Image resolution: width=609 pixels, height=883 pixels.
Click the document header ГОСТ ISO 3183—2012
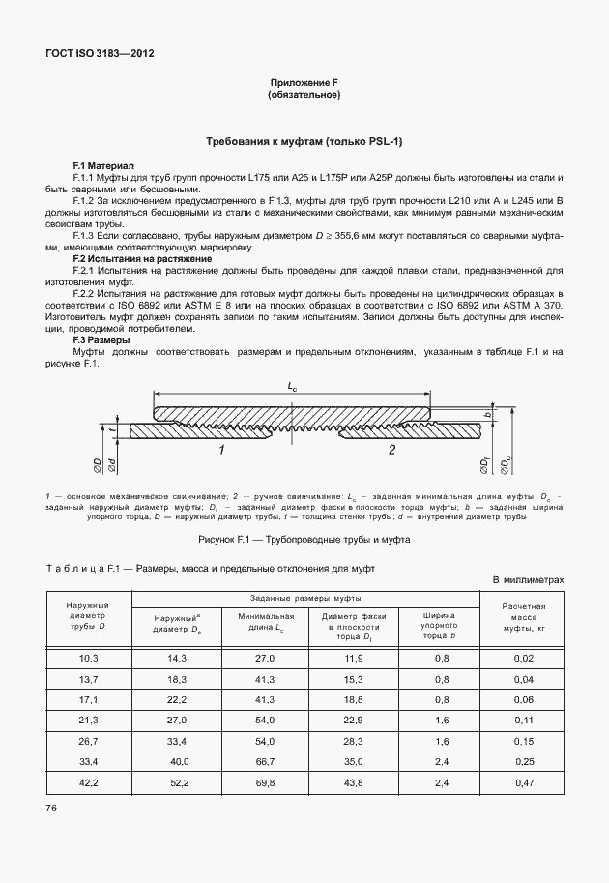pos(101,54)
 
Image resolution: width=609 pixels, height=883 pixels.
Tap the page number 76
pos(51,807)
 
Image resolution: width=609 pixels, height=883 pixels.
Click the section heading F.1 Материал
pos(104,166)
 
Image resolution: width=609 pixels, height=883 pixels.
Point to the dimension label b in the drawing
pos(489,414)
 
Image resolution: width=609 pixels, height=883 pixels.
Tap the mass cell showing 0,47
pos(525,783)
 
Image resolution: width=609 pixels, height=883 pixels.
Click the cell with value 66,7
pos(265,762)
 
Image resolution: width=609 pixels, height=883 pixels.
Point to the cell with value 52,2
pos(177,783)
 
